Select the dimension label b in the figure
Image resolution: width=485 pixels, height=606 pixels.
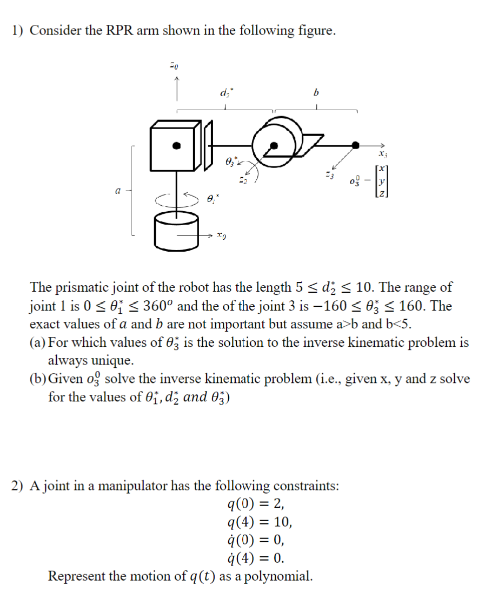(317, 92)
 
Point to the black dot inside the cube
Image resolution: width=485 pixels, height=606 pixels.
(176, 145)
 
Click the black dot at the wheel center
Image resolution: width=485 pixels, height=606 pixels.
(274, 145)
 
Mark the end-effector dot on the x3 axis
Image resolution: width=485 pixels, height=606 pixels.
(355, 145)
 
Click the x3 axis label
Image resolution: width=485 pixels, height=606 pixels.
(382, 154)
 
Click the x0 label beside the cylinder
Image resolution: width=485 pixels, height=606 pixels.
(220, 236)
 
